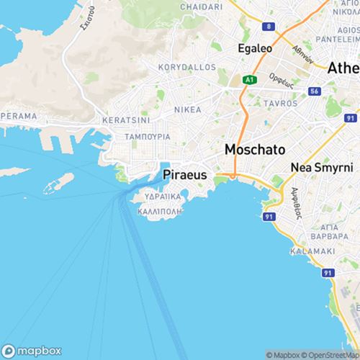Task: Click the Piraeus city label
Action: point(186,174)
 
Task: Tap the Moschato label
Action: point(255,150)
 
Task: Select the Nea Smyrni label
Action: point(322,167)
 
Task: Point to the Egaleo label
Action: point(253,50)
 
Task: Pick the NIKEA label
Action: point(187,110)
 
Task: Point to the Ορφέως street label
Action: point(278,78)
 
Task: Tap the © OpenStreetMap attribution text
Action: point(330,355)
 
